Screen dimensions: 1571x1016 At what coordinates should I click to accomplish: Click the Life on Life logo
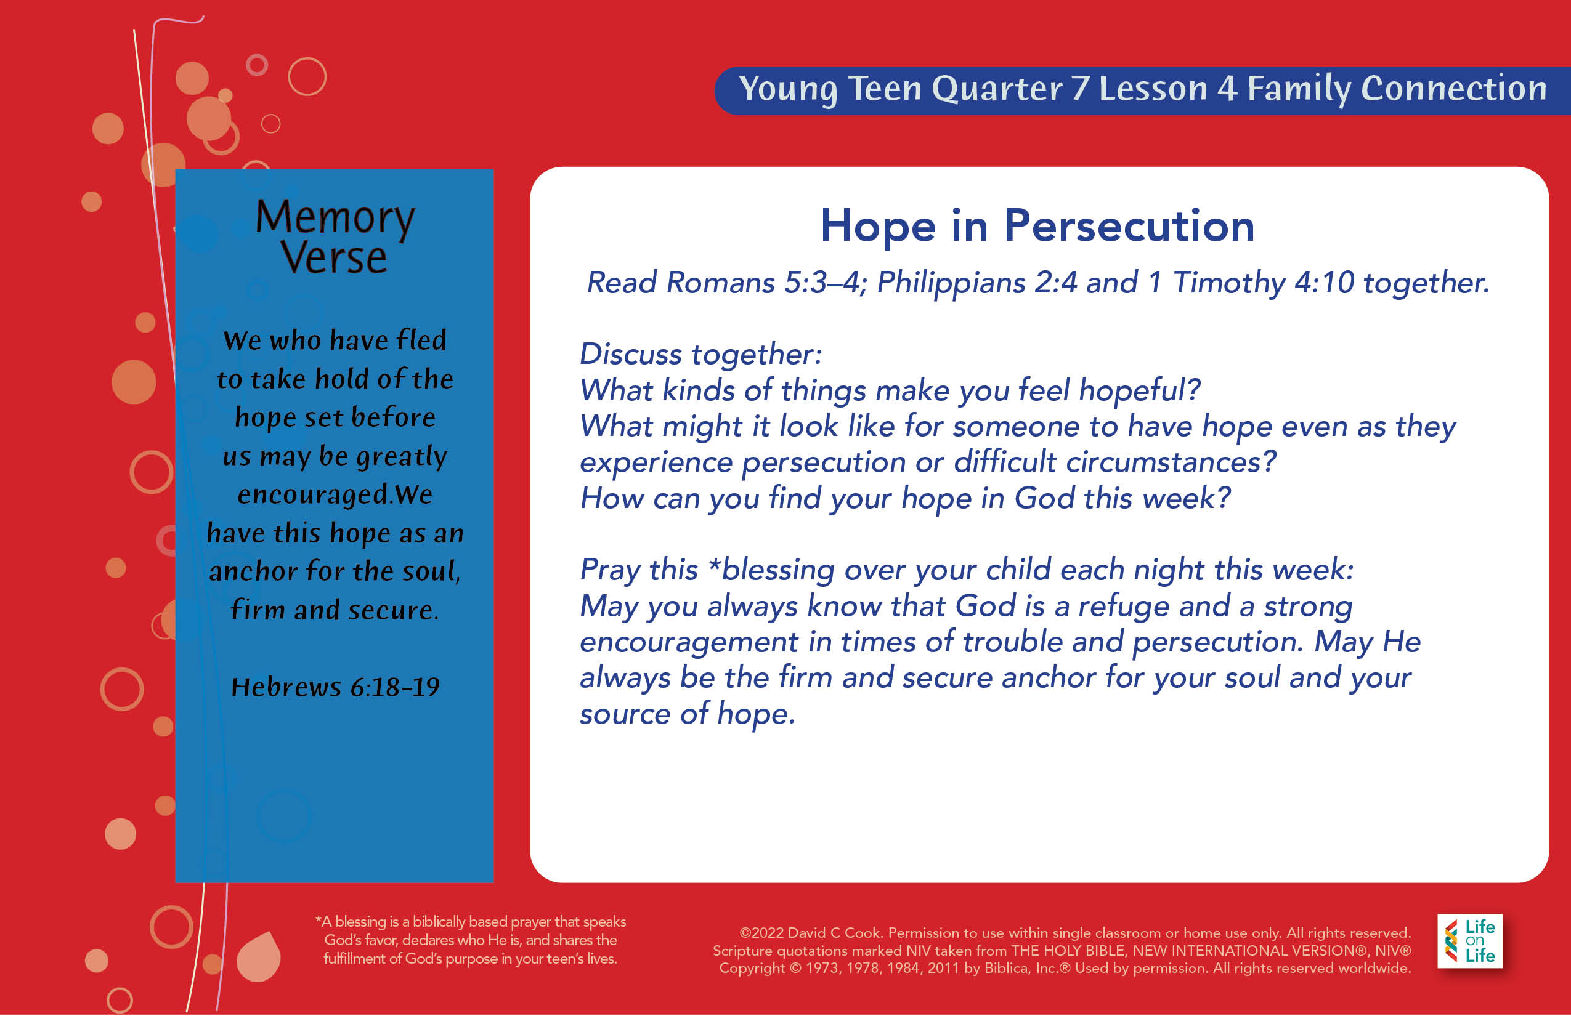point(1470,941)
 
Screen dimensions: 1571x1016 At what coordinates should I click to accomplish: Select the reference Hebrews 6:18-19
point(335,687)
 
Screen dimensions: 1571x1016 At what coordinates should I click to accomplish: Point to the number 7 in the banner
point(1081,89)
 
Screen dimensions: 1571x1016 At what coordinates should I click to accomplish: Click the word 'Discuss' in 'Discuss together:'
point(630,354)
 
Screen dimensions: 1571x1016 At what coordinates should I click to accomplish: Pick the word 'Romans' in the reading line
point(721,283)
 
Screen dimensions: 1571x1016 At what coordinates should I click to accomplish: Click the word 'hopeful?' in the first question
point(1139,390)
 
